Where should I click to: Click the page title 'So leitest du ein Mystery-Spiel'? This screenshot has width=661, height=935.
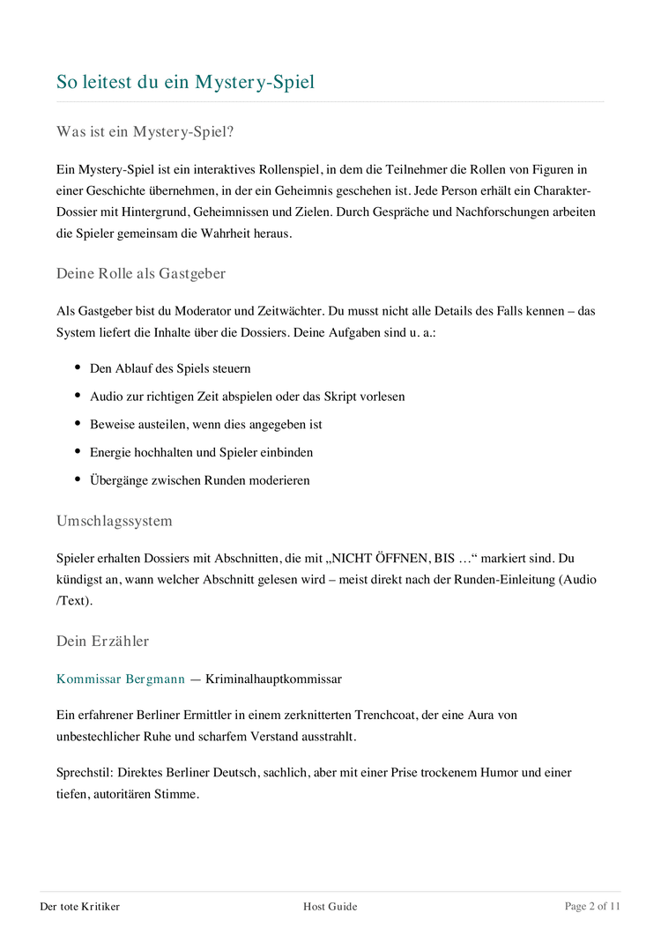(185, 83)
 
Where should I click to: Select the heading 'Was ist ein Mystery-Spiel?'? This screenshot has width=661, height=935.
(145, 132)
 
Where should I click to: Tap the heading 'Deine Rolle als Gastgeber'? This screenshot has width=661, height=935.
(141, 273)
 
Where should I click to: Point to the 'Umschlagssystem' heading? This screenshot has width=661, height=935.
(115, 521)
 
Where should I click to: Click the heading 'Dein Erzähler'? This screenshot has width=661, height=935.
(103, 641)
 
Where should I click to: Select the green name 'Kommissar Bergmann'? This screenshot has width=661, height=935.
(121, 679)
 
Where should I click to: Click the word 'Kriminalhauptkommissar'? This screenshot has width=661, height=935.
(273, 679)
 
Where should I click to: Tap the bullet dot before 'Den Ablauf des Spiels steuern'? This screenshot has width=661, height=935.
(78, 367)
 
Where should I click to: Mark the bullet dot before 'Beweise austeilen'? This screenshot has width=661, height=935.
(78, 424)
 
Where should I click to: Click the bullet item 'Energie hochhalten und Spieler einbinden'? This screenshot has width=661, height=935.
(201, 452)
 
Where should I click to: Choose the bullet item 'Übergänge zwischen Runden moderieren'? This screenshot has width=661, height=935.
(199, 480)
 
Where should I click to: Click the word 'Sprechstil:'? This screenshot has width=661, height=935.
(84, 773)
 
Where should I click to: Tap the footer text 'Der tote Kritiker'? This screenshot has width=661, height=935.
(80, 906)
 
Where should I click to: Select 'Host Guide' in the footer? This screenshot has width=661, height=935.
(330, 906)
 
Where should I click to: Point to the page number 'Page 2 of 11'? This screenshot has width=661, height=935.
(592, 906)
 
